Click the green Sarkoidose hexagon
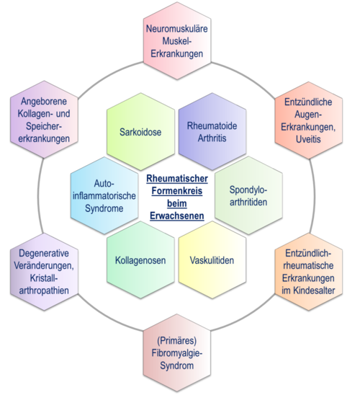[140, 131]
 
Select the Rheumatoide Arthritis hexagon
[212, 131]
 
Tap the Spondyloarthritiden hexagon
[248, 195]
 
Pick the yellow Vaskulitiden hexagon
[212, 259]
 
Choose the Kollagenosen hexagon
[140, 259]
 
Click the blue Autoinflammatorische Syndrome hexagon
[104, 195]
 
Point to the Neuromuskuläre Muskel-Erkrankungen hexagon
[177, 41]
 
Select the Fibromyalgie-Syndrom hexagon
[177, 352]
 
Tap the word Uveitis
[308, 139]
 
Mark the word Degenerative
[44, 253]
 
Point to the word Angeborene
[44, 101]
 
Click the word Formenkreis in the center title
[177, 191]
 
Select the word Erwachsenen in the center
[177, 216]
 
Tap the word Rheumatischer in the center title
[177, 178]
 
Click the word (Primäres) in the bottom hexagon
[177, 341]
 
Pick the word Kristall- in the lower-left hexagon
[44, 278]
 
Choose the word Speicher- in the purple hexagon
[44, 126]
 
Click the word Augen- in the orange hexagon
[308, 115]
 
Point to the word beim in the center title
[177, 203]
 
